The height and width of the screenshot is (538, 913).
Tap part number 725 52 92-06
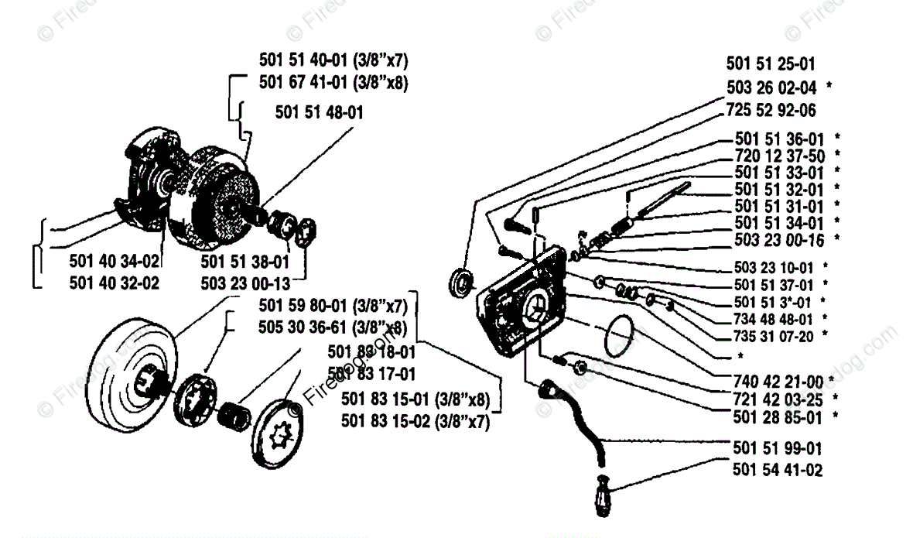tap(771, 111)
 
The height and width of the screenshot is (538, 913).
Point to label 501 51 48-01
tap(319, 112)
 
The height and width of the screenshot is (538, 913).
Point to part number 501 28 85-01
tap(779, 416)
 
